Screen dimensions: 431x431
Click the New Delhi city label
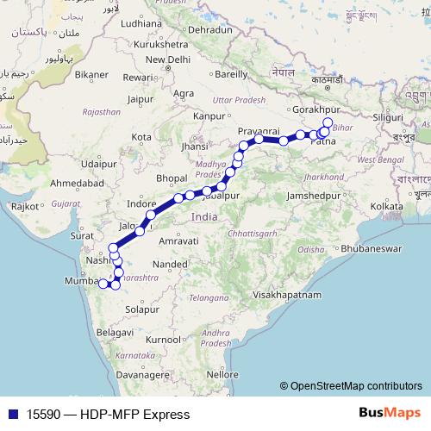[167, 59]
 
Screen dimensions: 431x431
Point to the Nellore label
[222, 375]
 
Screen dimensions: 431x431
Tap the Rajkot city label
[24, 206]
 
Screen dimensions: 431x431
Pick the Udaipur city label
[97, 163]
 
